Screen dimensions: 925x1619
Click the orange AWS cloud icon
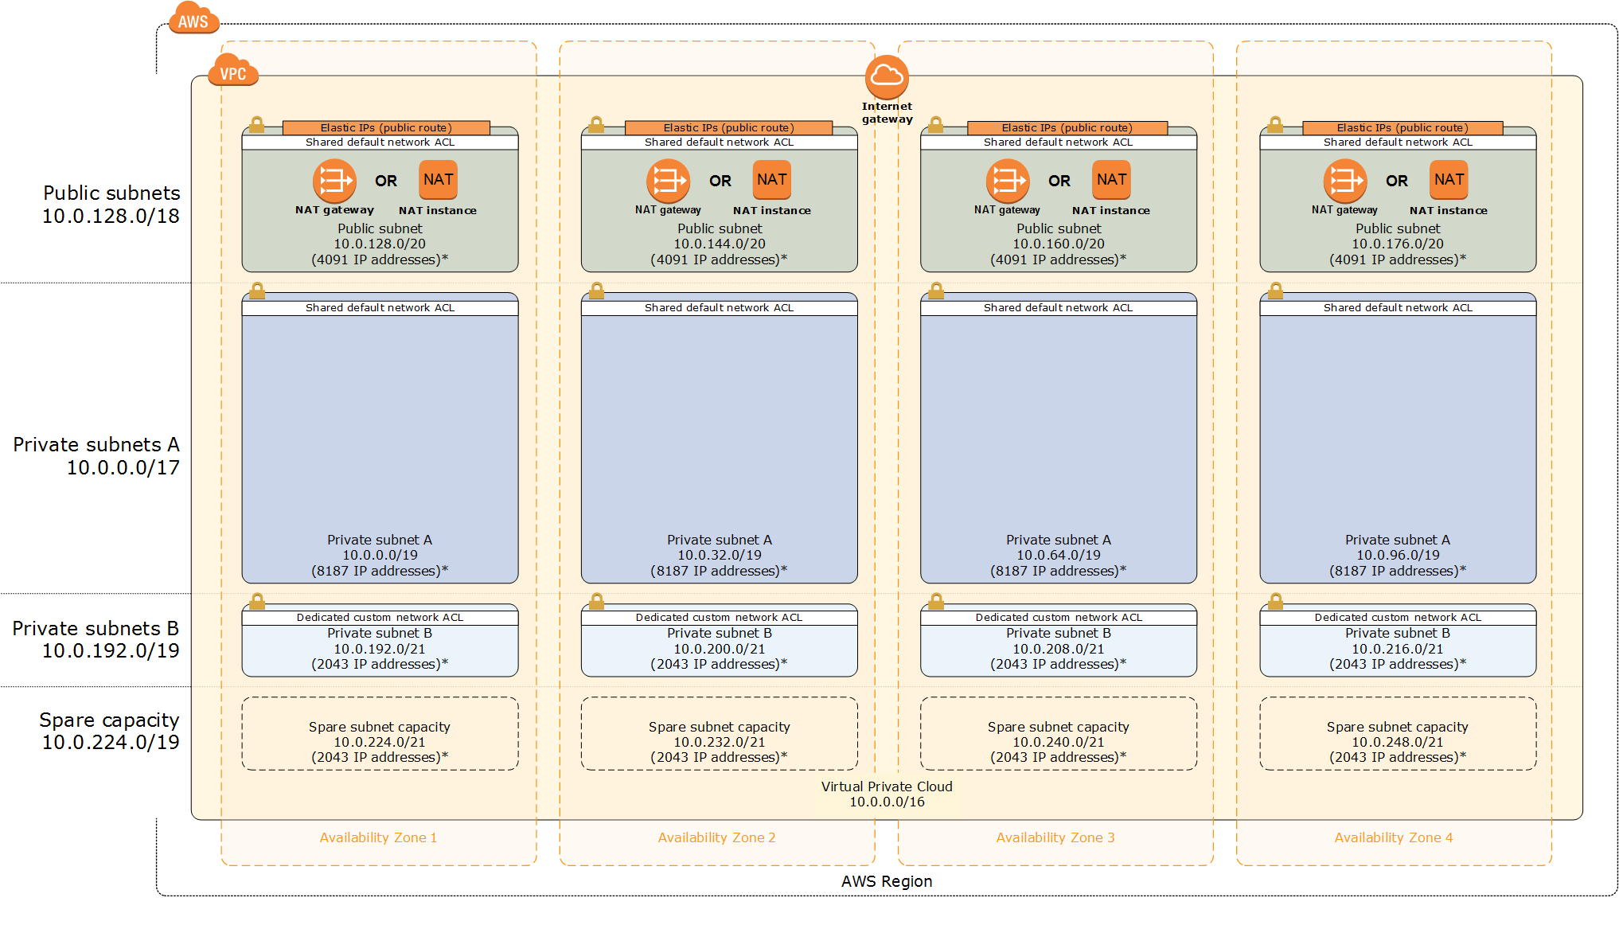[193, 19]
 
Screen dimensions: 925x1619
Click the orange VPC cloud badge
[232, 72]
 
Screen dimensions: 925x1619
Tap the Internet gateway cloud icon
[887, 76]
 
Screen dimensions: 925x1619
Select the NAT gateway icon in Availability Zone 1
[334, 181]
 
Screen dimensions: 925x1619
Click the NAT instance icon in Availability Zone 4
[1449, 180]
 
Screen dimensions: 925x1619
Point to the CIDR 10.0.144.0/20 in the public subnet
[720, 244]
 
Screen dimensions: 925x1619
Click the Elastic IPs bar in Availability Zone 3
[1067, 127]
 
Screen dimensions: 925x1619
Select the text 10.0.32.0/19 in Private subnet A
[720, 556]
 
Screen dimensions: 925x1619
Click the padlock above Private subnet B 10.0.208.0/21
[936, 601]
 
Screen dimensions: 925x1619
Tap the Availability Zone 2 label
[716, 837]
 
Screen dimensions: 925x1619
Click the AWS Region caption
[887, 881]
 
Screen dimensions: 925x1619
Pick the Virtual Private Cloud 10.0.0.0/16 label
[887, 794]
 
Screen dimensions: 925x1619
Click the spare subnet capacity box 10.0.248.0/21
[1398, 734]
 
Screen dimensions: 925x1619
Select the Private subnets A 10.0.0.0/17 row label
[97, 456]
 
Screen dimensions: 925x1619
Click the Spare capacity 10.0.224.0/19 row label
[110, 731]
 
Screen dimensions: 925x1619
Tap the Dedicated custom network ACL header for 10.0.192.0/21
[380, 618]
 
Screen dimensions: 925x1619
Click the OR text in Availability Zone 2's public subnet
[720, 181]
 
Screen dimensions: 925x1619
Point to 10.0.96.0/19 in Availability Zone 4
[1398, 556]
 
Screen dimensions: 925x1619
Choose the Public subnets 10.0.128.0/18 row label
[111, 205]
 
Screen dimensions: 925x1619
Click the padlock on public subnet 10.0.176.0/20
[1275, 125]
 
